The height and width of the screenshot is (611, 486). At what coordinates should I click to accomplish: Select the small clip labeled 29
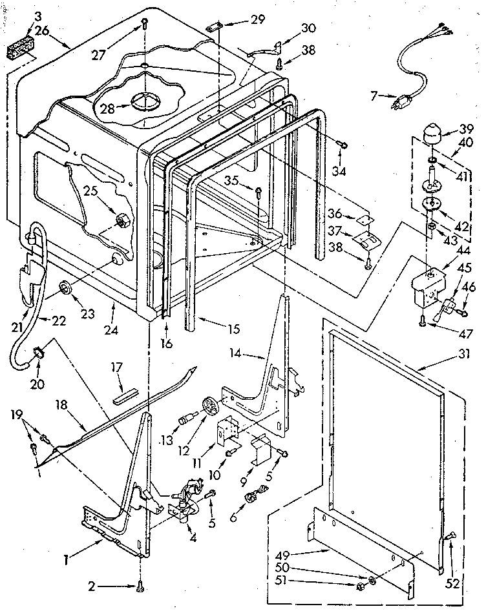pyautogui.click(x=215, y=26)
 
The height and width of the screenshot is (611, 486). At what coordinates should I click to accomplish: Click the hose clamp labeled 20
pyautogui.click(x=38, y=353)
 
